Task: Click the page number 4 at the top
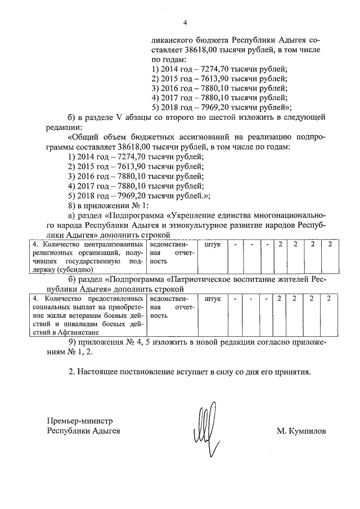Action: (x=184, y=22)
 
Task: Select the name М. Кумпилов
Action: (x=301, y=431)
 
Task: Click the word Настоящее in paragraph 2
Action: (x=103, y=372)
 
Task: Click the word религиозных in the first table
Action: (x=55, y=253)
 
